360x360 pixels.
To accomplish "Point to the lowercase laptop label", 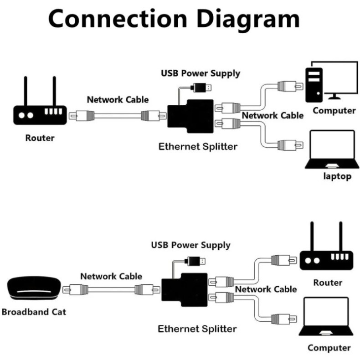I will pyautogui.click(x=337, y=176).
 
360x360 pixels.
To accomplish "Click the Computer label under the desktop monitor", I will pyautogui.click(x=334, y=110).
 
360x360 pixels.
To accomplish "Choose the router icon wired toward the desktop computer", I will pyautogui.click(x=39, y=107).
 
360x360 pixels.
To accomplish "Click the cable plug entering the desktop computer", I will pyautogui.click(x=290, y=86).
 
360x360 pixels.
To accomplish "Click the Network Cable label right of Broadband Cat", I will pyautogui.click(x=111, y=276).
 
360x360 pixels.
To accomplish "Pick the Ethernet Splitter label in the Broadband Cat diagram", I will pyautogui.click(x=197, y=329).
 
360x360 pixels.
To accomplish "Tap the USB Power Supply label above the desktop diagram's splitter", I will pyautogui.click(x=201, y=73).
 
